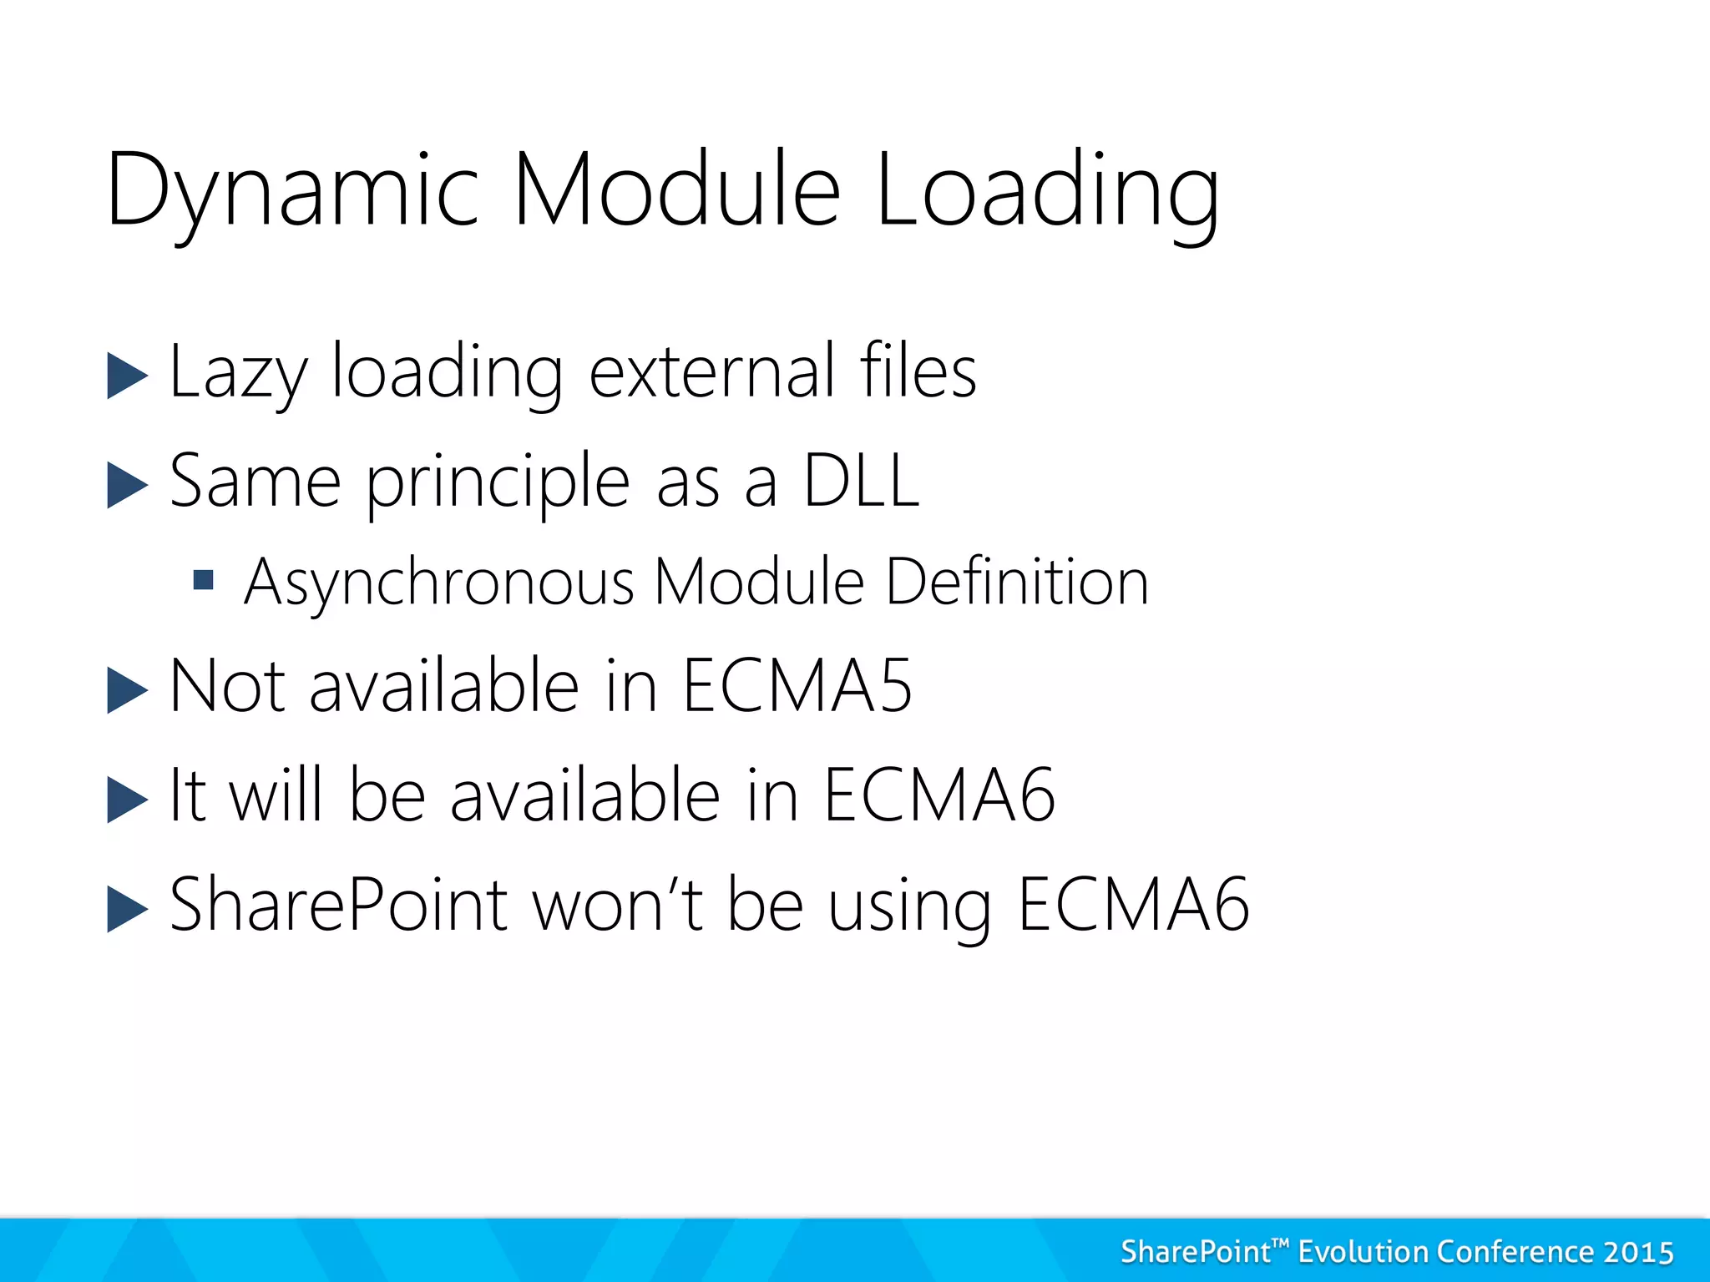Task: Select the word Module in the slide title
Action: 676,190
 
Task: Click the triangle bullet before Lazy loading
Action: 127,376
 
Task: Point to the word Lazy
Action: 238,374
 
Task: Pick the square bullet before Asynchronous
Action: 203,580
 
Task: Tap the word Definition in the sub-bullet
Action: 1017,582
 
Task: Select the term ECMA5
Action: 797,686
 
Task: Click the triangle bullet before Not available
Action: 127,691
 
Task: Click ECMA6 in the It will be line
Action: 939,795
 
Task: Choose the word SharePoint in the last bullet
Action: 338,905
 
